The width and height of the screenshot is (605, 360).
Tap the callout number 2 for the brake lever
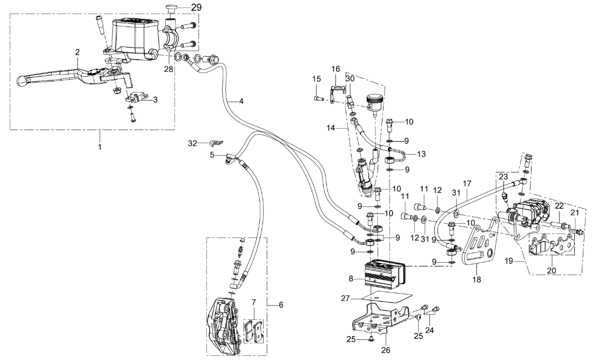pos(77,52)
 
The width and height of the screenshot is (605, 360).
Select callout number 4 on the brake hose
pos(241,101)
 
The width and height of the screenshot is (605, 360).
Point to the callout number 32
pos(193,143)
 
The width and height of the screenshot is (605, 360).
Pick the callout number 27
pos(346,297)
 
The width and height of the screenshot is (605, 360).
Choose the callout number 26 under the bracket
pos(385,349)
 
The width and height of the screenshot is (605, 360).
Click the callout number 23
pos(503,177)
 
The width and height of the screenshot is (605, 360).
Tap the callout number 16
pos(336,69)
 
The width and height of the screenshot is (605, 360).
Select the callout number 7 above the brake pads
pos(253,302)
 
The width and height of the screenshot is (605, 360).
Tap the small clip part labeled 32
pos(214,143)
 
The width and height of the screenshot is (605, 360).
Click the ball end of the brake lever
pos(22,81)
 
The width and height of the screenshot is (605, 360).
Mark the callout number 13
pos(421,154)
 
